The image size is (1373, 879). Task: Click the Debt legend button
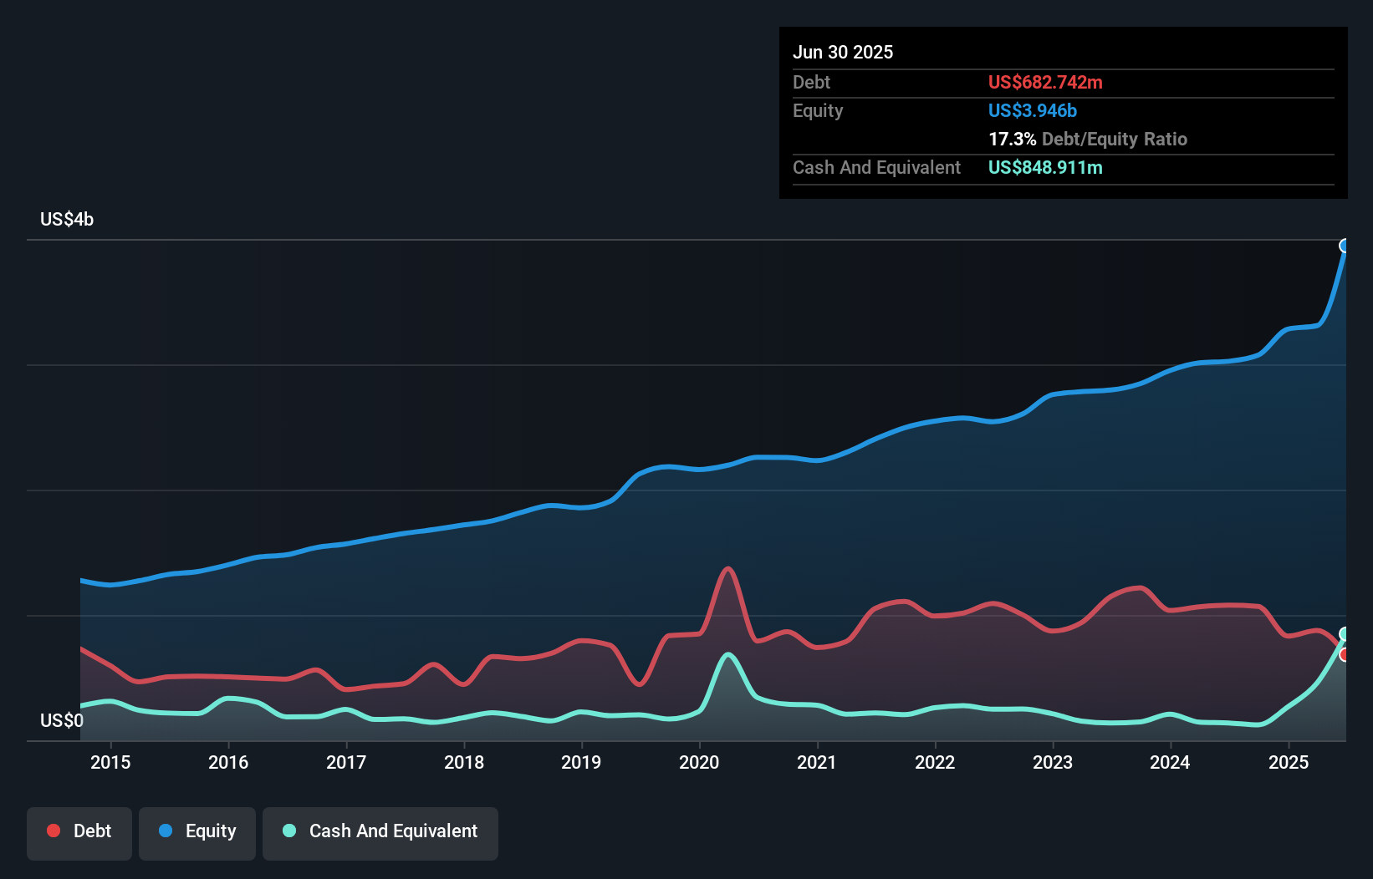79,831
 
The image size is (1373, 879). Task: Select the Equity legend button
197,831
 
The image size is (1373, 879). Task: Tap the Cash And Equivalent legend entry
380,831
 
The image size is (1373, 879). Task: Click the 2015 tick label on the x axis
110,762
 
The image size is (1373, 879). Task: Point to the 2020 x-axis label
699,762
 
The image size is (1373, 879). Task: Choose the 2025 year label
1289,762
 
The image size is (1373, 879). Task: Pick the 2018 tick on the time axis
464,762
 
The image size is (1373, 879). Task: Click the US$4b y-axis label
67,220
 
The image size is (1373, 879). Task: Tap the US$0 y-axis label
62,720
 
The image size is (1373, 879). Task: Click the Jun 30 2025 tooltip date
843,53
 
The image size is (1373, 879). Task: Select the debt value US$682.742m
1045,83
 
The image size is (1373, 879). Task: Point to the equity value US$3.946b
1033,111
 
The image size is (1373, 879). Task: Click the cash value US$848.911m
1045,168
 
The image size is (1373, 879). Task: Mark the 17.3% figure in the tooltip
1012,140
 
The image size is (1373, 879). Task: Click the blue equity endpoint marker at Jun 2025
1345,246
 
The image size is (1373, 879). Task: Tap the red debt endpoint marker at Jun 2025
1345,654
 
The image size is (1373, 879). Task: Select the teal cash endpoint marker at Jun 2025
1345,633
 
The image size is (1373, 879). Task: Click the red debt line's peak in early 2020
728,569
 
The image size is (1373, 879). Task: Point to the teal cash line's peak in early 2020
728,654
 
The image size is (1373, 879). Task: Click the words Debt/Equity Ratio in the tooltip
1115,140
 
